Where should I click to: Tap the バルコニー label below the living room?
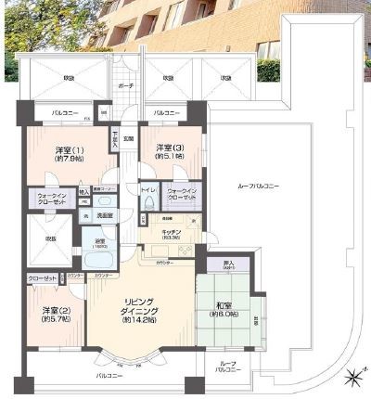[x=109, y=378]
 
